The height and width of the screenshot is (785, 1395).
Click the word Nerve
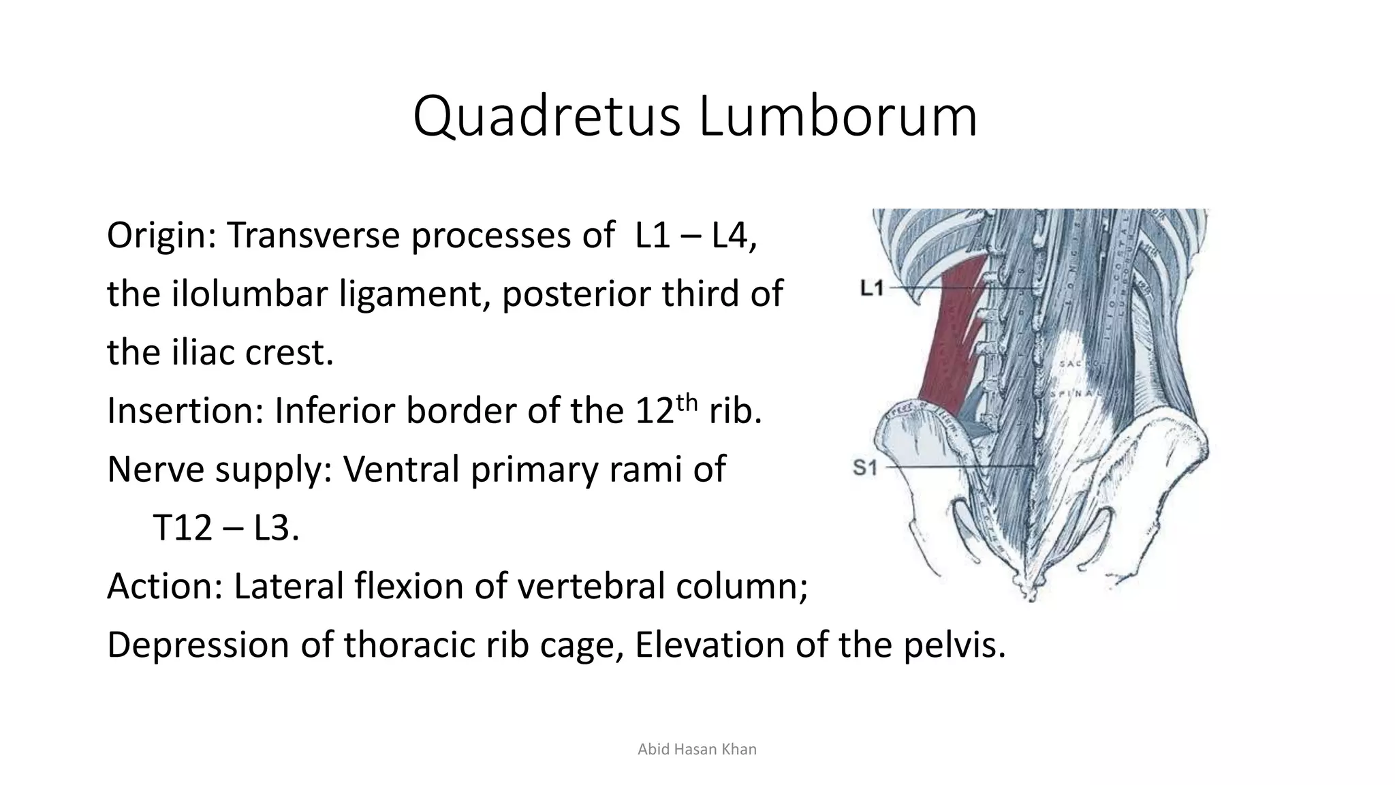pyautogui.click(x=155, y=470)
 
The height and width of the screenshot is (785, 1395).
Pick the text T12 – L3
pyautogui.click(x=225, y=528)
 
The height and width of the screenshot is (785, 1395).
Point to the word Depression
pyautogui.click(x=198, y=645)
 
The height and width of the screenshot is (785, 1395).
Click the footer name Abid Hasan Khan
pyautogui.click(x=697, y=750)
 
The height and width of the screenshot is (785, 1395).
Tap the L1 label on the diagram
pyautogui.click(x=872, y=289)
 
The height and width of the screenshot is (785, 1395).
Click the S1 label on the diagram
pyautogui.click(x=865, y=467)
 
